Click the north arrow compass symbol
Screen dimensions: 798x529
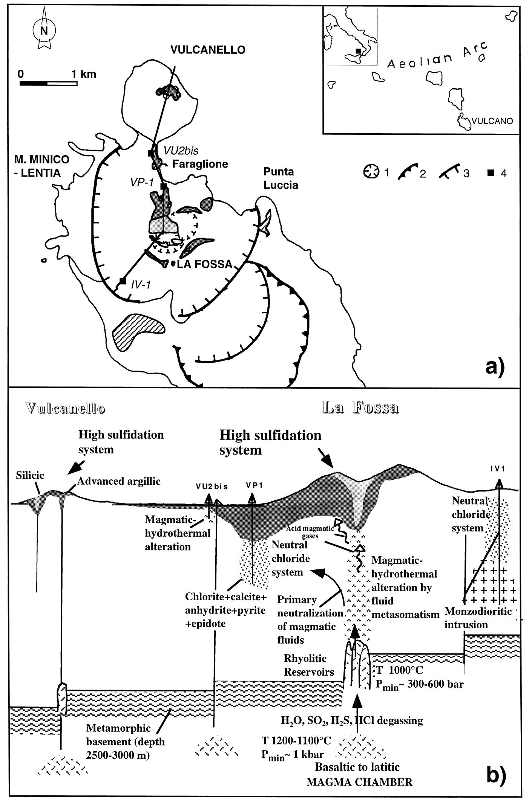tap(44, 31)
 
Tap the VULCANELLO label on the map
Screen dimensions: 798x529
tap(208, 50)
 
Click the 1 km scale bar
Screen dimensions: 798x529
tap(48, 83)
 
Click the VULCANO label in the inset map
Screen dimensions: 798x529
tap(492, 121)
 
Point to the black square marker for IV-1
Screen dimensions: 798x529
tap(122, 281)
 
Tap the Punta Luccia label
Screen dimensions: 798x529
tap(281, 178)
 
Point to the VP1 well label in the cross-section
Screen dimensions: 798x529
tap(251, 486)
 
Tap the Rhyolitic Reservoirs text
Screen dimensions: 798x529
tap(309, 665)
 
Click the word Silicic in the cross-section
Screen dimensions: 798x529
tap(30, 475)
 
